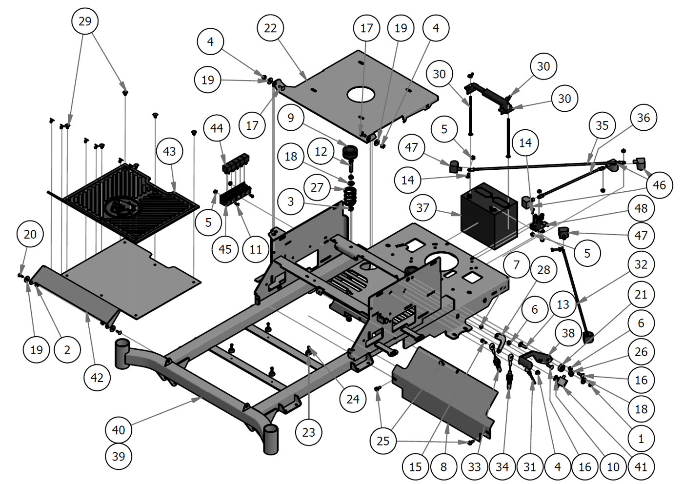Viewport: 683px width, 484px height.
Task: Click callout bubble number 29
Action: click(x=85, y=21)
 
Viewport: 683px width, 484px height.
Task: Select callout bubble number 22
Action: click(x=270, y=28)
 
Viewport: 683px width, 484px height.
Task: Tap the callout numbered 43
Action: click(x=169, y=151)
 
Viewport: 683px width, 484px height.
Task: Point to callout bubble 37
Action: click(x=423, y=208)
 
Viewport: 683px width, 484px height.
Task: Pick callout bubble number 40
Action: click(x=119, y=430)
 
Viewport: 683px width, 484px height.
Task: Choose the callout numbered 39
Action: click(x=119, y=457)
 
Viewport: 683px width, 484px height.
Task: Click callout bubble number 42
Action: click(x=97, y=377)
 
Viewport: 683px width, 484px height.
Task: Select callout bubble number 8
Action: click(x=443, y=467)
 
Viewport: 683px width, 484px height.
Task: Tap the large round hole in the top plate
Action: click(x=362, y=94)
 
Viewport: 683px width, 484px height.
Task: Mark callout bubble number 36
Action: click(x=643, y=118)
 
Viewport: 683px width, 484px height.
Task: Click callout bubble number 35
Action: click(x=602, y=125)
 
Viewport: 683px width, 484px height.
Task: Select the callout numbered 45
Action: click(x=225, y=249)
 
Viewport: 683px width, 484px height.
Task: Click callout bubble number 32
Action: click(x=641, y=264)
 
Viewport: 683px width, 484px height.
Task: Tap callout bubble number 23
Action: click(x=309, y=432)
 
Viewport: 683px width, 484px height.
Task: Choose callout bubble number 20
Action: click(x=30, y=234)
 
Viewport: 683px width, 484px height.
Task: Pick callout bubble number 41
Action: click(x=641, y=467)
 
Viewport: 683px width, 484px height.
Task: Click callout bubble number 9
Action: click(x=291, y=118)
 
